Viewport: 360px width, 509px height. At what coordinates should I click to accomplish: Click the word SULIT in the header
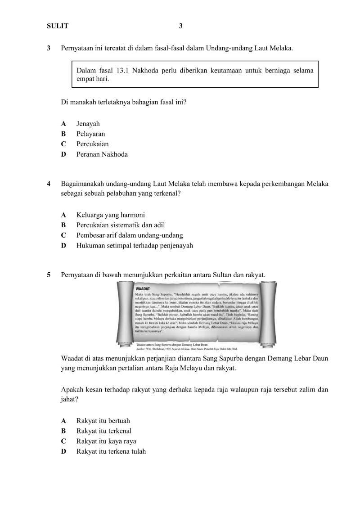click(x=58, y=26)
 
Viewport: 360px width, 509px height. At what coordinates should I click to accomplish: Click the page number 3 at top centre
click(x=180, y=26)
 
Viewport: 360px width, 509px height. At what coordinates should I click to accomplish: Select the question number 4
click(x=49, y=184)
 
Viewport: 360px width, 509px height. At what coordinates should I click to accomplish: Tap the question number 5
click(x=49, y=274)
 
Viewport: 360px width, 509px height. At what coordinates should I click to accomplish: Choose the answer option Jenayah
click(x=88, y=124)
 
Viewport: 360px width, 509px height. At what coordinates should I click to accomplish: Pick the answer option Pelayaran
click(x=90, y=134)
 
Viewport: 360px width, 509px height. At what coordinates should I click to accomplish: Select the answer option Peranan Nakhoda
click(x=102, y=154)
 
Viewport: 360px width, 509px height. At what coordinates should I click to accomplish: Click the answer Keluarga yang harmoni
click(x=111, y=215)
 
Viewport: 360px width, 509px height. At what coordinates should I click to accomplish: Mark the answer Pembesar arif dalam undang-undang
click(x=130, y=235)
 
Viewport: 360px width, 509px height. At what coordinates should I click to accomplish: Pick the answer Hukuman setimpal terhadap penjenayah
click(x=135, y=246)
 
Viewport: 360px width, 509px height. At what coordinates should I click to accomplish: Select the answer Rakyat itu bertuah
click(x=103, y=421)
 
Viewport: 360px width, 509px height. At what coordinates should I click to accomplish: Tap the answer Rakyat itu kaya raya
click(x=106, y=441)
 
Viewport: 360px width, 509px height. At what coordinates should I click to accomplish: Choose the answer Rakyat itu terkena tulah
click(x=111, y=451)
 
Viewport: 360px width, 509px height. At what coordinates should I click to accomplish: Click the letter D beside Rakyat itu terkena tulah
click(x=63, y=451)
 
